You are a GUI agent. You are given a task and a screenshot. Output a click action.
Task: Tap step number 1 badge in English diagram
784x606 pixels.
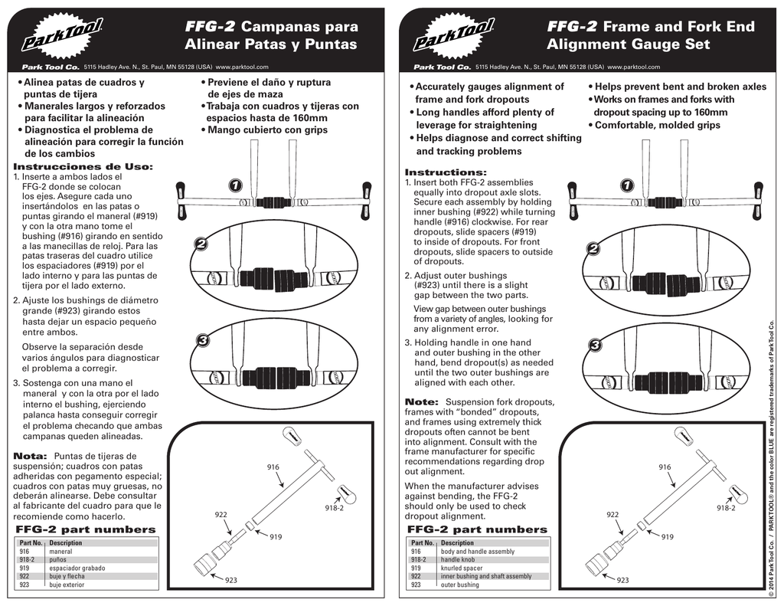627,185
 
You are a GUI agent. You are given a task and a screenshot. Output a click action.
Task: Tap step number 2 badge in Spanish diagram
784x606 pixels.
201,244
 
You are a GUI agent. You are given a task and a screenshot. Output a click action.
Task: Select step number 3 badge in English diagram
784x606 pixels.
595,346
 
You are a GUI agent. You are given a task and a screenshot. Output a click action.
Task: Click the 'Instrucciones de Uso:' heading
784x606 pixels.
83,166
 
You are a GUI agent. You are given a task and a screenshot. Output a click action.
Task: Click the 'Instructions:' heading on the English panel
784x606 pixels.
446,172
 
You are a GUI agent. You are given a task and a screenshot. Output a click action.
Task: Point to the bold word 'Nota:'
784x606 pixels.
31,456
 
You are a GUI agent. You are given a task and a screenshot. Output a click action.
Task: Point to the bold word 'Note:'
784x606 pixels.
421,401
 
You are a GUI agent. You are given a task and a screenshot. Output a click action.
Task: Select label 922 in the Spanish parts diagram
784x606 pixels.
221,514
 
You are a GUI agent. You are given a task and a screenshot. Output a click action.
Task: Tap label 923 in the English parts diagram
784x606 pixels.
622,581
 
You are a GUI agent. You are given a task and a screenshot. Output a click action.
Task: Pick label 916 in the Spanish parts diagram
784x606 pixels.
273,467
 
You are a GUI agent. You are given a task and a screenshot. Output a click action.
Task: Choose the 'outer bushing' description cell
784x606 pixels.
460,585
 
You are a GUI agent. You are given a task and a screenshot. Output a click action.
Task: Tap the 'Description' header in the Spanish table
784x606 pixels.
65,542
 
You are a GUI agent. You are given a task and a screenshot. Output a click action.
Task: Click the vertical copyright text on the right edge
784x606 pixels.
772,460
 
